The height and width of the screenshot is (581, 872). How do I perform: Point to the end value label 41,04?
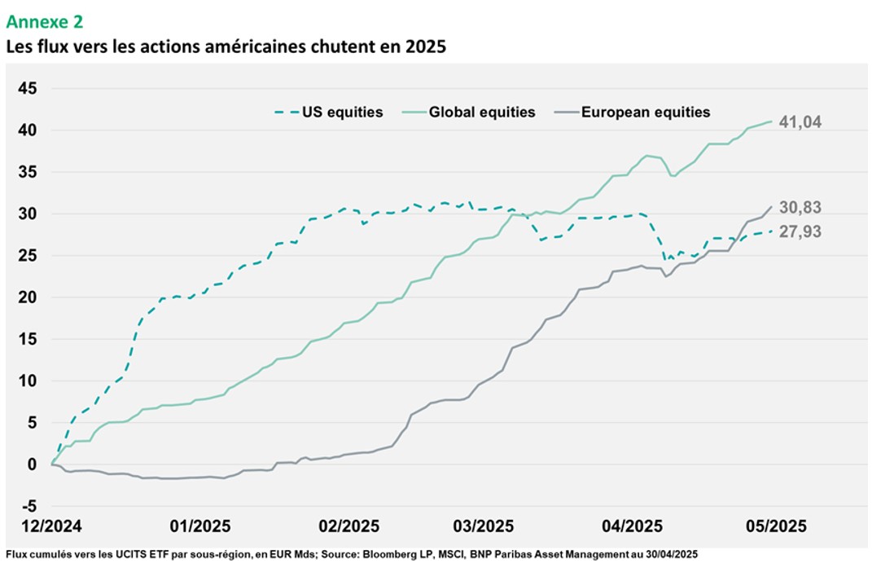pyautogui.click(x=800, y=122)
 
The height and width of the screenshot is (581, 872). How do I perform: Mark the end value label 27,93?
pyautogui.click(x=800, y=231)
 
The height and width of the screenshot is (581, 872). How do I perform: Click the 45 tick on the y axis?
pyautogui.click(x=28, y=88)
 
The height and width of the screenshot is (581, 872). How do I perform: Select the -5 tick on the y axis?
pyautogui.click(x=28, y=506)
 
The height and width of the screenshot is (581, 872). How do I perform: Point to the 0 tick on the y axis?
pyautogui.click(x=33, y=464)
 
